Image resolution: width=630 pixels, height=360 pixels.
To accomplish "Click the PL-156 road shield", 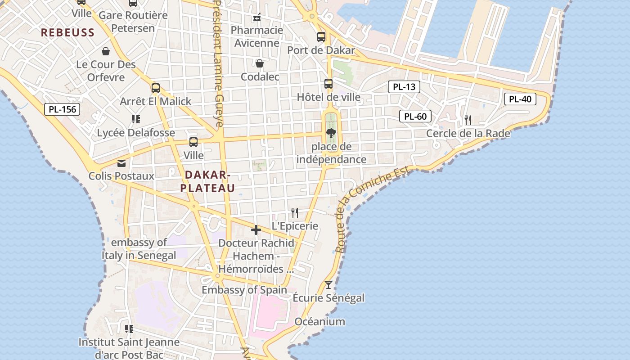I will pos(62,109).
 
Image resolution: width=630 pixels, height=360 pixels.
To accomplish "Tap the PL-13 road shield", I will pos(404,87).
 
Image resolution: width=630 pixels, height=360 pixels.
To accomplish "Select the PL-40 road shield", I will pos(520,99).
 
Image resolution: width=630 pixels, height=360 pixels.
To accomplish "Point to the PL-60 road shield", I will pos(415,117).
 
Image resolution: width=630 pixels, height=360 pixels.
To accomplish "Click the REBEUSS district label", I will pos(68,32).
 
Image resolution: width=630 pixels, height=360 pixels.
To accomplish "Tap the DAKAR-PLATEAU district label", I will pos(208,181).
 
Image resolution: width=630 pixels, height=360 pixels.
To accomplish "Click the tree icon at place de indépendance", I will pos(331,133).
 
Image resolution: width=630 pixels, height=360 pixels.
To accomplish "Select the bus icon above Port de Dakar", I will pos(321,37).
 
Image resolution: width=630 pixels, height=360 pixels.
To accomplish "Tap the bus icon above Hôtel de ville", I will pos(328,84).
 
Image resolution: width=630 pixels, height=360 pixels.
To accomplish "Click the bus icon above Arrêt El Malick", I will pos(156,88).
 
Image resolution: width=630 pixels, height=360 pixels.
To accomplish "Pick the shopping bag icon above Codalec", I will pos(260,63).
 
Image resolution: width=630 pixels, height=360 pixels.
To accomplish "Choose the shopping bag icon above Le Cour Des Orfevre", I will pos(106,51).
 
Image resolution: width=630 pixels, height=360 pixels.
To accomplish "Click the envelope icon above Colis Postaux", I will pos(121,163).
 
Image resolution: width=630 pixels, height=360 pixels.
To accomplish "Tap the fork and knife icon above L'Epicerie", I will pos(295,212).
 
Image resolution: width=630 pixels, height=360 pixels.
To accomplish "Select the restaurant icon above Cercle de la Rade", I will pos(468,120).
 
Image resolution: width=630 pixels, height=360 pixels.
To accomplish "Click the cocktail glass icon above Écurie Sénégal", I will pos(328,284).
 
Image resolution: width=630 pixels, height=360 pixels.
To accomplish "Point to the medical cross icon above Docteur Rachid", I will pos(256,230).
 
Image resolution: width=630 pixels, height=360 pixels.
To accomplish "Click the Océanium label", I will pos(320,321).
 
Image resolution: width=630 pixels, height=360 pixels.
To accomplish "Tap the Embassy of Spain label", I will pos(244,290).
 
